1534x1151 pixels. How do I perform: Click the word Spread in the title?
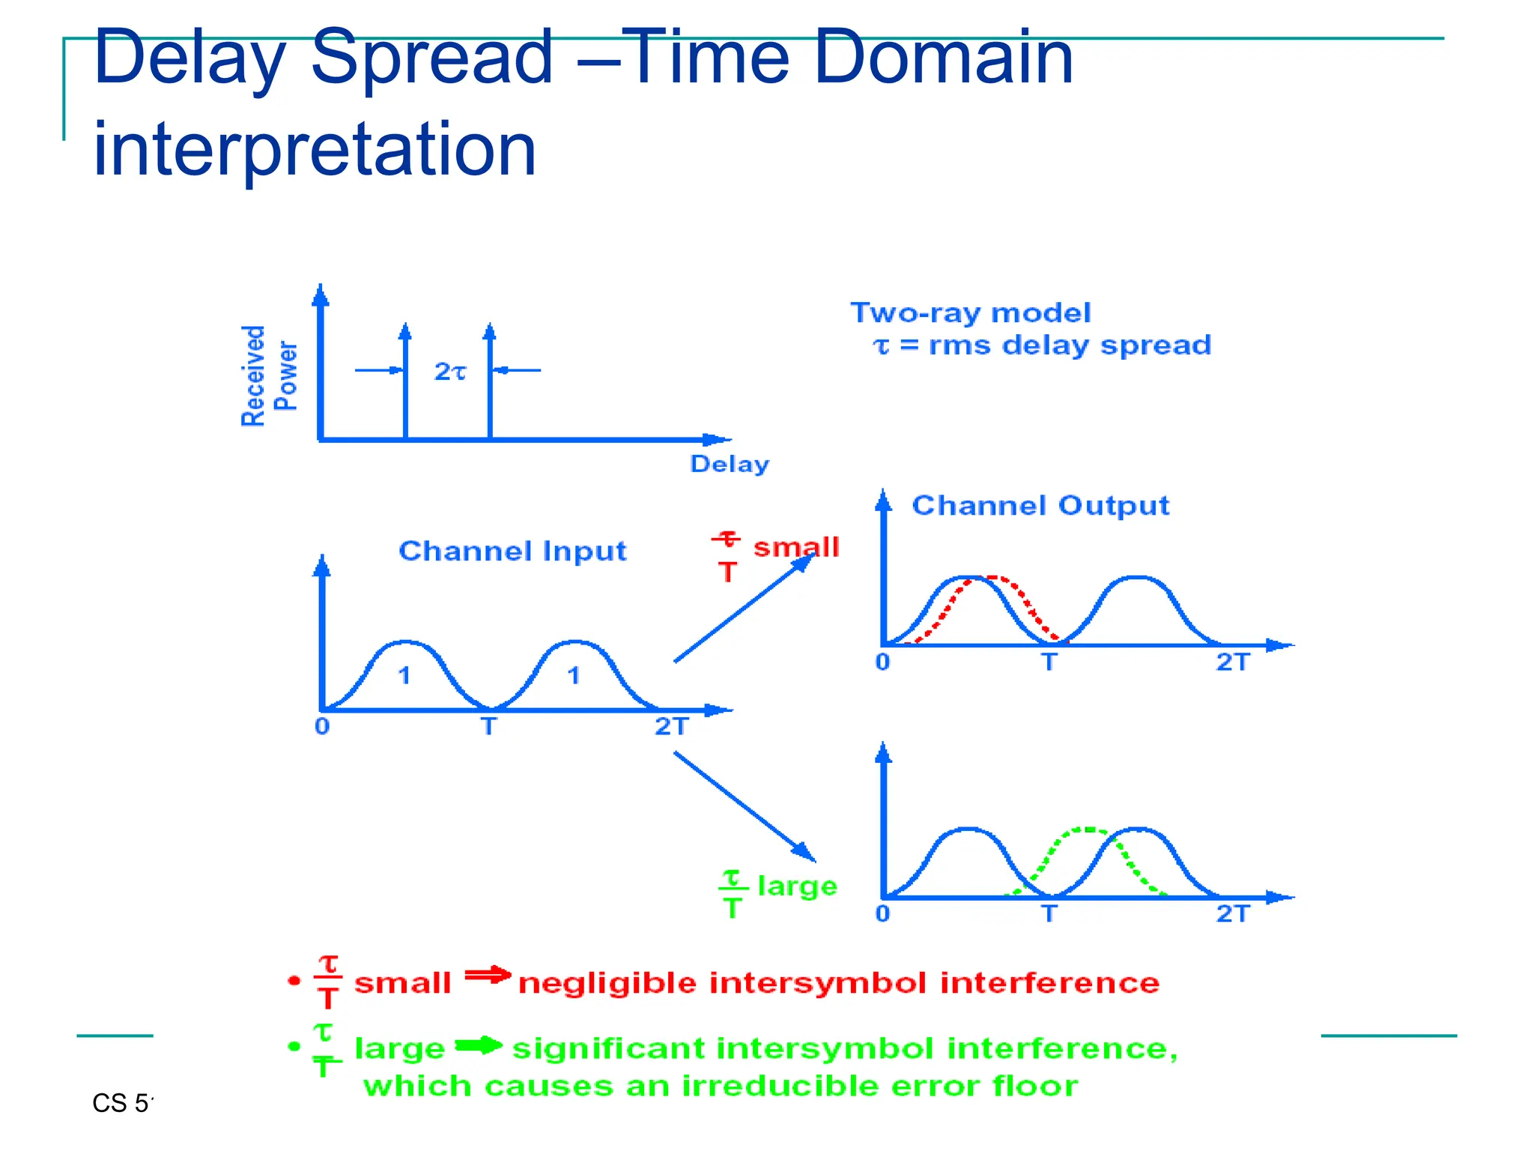pos(431,58)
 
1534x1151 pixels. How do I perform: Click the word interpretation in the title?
pos(315,150)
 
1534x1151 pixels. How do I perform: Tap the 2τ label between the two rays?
pos(449,371)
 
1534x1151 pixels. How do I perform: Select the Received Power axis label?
pos(269,375)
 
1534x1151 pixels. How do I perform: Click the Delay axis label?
pos(729,464)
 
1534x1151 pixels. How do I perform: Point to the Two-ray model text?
pos(970,313)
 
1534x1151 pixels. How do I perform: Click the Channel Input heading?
pos(512,551)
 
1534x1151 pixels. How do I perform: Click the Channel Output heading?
pos(1040,505)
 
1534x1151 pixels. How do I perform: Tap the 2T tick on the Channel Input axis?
pos(670,726)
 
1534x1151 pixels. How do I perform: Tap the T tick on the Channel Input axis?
pos(488,726)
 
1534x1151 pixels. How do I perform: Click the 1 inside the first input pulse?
pos(404,676)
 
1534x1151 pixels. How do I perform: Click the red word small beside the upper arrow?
pos(795,547)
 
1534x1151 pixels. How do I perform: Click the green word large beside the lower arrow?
pos(797,886)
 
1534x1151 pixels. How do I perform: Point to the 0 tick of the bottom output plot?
pos(882,913)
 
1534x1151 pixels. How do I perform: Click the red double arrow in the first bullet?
pos(487,975)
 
